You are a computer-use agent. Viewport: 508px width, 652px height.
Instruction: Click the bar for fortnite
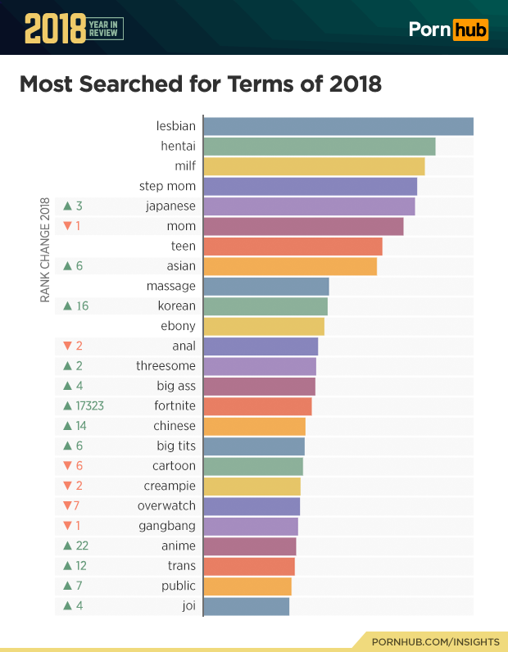click(257, 406)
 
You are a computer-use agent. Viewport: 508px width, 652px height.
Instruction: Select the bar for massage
click(265, 286)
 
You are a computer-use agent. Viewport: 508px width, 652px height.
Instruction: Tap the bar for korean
click(265, 306)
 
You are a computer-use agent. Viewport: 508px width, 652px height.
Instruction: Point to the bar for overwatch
click(252, 506)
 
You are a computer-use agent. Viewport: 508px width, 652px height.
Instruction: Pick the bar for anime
click(249, 546)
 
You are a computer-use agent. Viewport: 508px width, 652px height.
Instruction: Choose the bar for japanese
click(309, 206)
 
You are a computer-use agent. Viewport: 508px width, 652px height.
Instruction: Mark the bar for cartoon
click(253, 466)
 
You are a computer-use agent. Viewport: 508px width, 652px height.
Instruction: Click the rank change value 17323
click(89, 406)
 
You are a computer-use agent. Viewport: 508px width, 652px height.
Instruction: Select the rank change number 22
click(81, 546)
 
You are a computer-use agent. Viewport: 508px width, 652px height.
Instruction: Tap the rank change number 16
click(81, 306)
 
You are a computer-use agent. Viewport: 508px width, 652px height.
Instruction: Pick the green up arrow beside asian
click(67, 266)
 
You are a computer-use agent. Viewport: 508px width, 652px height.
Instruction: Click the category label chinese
click(174, 426)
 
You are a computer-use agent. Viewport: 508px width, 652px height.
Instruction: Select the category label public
click(178, 586)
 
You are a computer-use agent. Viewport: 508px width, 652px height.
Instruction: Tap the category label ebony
click(178, 326)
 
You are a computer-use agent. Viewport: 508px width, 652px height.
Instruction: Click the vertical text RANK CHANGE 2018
click(45, 250)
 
